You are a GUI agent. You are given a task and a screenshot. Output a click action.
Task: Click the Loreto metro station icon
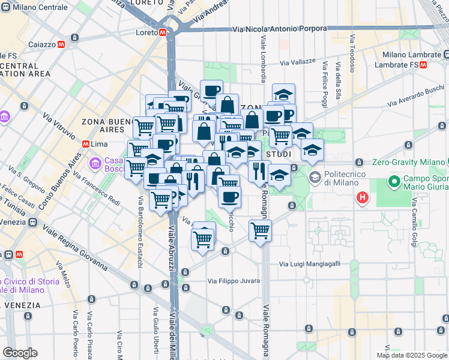coord(163,32)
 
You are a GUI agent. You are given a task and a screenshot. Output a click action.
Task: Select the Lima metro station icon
coord(85,144)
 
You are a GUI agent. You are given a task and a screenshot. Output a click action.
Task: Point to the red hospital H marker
coord(363,197)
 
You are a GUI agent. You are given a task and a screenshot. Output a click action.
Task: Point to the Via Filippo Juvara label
coord(234,281)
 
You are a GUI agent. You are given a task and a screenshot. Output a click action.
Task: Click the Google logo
coord(20,353)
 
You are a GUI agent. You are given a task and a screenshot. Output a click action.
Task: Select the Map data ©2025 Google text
coord(412,355)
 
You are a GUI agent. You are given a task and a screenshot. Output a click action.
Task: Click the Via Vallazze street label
coord(298,62)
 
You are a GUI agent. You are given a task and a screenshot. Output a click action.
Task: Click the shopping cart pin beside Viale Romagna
coord(260,230)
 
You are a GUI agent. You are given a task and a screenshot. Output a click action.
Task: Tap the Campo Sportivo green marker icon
coord(394,181)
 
